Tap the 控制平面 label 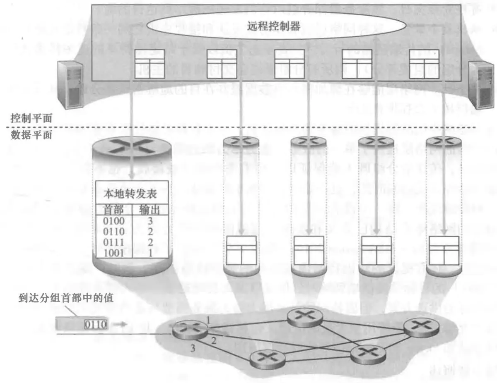click(x=31, y=117)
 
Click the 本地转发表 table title click(x=132, y=192)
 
